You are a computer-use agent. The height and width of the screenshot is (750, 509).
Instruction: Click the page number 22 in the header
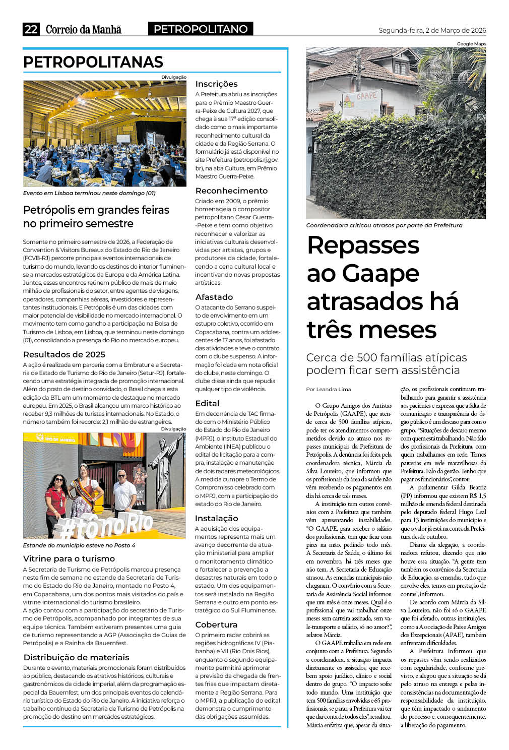coord(31,29)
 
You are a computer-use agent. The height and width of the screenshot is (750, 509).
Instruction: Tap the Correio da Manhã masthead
coord(84,29)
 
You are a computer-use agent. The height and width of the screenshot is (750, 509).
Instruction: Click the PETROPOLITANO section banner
coord(201,29)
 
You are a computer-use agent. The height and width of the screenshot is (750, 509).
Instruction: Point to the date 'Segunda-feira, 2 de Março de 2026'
coord(432,30)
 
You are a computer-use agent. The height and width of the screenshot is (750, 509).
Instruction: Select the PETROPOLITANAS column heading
coord(93,62)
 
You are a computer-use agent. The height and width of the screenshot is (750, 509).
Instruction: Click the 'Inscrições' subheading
coord(216,84)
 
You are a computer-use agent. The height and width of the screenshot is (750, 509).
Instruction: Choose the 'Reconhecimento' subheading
coord(231,191)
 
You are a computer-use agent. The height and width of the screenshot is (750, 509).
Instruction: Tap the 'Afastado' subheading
coord(214,297)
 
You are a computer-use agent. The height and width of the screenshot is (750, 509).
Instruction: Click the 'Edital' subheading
coord(207,403)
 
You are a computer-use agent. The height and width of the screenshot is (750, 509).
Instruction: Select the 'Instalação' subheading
coord(216,518)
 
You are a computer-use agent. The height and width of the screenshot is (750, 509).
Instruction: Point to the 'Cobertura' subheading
coord(216,624)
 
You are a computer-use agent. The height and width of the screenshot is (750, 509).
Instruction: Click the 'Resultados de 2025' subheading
coord(64,354)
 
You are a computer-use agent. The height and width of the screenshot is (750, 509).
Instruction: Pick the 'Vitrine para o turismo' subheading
coord(69,558)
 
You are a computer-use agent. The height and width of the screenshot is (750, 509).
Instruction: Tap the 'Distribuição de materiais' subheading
coord(76,657)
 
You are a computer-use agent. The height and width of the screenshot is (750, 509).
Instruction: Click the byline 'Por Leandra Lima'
coord(329,389)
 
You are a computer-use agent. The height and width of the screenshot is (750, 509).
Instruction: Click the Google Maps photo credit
coord(471,44)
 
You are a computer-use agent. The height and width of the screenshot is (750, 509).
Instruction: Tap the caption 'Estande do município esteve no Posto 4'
coord(79,545)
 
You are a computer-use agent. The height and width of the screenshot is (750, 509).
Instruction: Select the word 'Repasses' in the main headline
coord(363,245)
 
